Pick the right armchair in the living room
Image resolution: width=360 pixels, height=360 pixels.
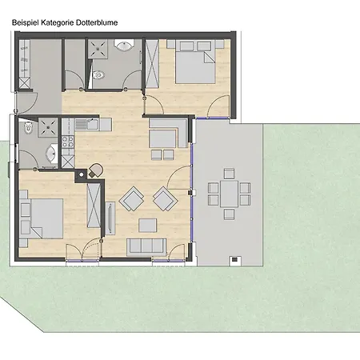pos(165,198)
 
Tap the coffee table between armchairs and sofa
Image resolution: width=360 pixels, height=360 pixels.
pos(147,223)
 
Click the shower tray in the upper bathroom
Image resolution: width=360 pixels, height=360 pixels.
pos(100,50)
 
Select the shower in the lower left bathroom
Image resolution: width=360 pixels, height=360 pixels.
pos(46,126)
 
